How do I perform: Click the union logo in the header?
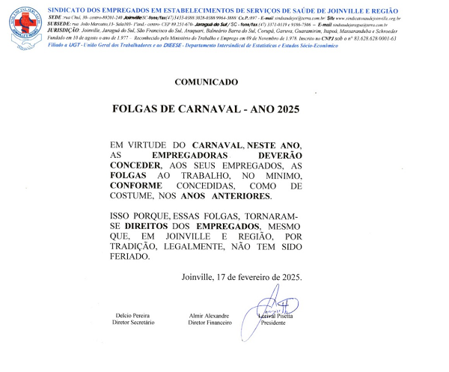22,22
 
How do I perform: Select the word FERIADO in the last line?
129,257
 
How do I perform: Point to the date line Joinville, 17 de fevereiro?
242,277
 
